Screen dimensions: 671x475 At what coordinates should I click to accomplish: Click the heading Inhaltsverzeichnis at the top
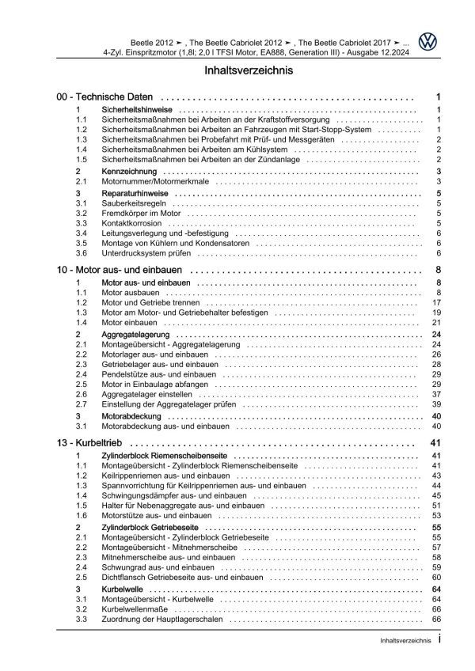[237, 70]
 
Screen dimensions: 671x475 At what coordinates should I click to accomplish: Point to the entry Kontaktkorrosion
[127, 223]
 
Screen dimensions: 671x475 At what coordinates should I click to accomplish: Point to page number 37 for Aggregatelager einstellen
[436, 394]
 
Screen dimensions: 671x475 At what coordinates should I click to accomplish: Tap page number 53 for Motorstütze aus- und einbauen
[436, 516]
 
